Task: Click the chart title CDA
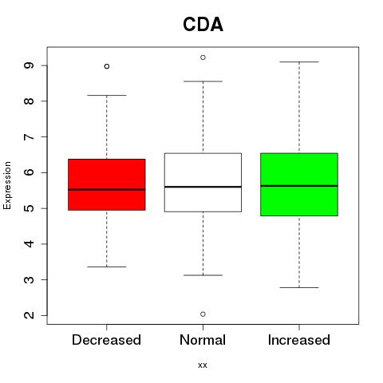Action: pyautogui.click(x=203, y=25)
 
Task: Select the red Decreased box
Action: pyautogui.click(x=107, y=184)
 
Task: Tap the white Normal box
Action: pyautogui.click(x=203, y=183)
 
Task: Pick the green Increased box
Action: pyautogui.click(x=299, y=184)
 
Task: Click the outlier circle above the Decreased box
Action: pyautogui.click(x=107, y=66)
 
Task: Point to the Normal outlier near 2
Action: pyautogui.click(x=203, y=314)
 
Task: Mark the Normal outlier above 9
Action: pyautogui.click(x=203, y=57)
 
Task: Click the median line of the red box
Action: pyautogui.click(x=107, y=190)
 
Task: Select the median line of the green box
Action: pyautogui.click(x=299, y=186)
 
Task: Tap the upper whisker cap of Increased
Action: pyautogui.click(x=299, y=61)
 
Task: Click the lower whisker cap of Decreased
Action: pyautogui.click(x=107, y=267)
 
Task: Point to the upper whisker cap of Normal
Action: pyautogui.click(x=203, y=81)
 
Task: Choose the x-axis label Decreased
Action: pyautogui.click(x=106, y=340)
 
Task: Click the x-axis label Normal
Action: pyautogui.click(x=203, y=340)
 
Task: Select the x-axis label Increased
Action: pyautogui.click(x=299, y=340)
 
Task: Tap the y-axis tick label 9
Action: pyautogui.click(x=29, y=65)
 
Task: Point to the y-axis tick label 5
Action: pyautogui.click(x=29, y=208)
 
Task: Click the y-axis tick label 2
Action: pyautogui.click(x=29, y=315)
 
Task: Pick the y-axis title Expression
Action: pyautogui.click(x=7, y=185)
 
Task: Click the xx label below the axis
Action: pyautogui.click(x=203, y=365)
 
